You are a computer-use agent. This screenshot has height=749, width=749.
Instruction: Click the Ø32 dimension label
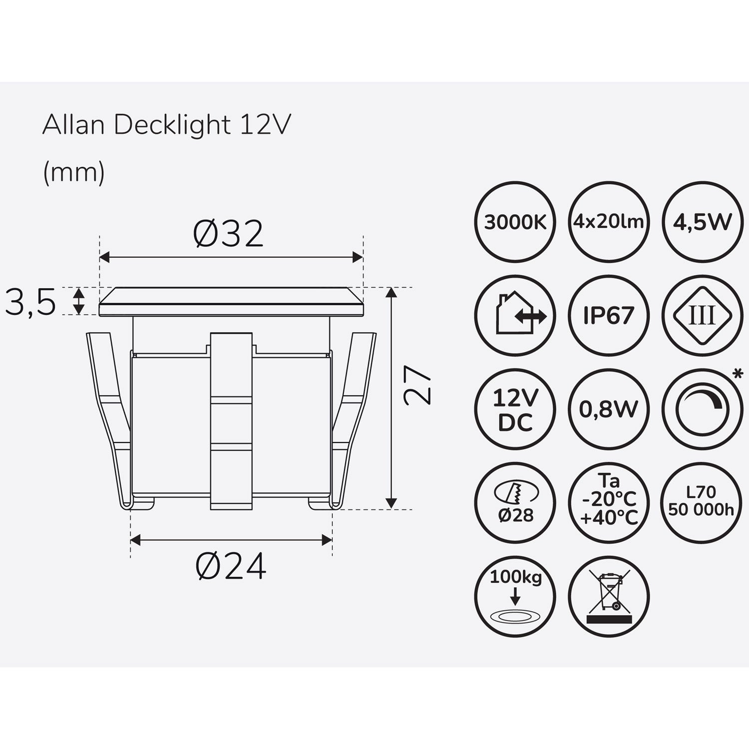click(228, 234)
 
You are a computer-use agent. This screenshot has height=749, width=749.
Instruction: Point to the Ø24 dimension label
click(231, 567)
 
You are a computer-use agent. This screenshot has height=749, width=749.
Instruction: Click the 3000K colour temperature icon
click(515, 222)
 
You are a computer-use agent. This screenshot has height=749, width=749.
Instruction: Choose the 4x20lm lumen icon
click(608, 222)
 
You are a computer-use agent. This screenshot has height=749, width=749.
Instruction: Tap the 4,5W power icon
click(702, 222)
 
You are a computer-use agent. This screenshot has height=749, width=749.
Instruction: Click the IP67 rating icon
click(608, 316)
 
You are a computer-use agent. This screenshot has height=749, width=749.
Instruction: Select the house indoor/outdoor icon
click(515, 316)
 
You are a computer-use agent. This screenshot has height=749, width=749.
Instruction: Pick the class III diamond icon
click(702, 316)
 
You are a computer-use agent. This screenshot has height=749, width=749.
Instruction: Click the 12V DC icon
click(515, 409)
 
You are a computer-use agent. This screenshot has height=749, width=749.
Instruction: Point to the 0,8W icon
click(608, 409)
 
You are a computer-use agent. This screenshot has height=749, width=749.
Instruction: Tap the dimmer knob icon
click(702, 409)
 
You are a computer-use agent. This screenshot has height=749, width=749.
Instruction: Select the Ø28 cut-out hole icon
click(515, 503)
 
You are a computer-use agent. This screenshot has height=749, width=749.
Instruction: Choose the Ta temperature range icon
click(608, 503)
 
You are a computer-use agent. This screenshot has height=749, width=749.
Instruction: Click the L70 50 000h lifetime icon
click(702, 503)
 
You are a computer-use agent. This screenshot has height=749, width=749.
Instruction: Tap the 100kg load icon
click(515, 597)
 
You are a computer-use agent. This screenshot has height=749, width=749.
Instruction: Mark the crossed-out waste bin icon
click(608, 597)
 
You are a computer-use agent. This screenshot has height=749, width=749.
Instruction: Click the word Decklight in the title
click(172, 126)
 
